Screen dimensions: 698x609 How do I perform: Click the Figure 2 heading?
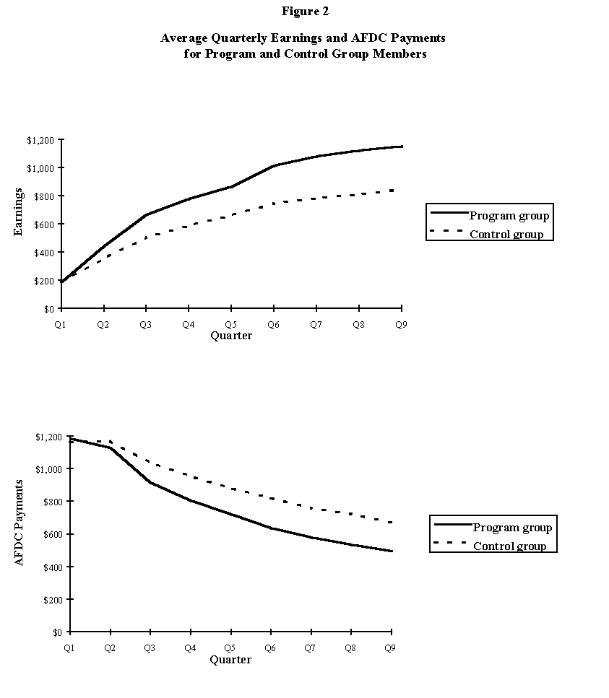coord(304,12)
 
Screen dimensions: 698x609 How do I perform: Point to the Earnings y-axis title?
coord(20,213)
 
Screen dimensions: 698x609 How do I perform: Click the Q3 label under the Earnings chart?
coord(146,325)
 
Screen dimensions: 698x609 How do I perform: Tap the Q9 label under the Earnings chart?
coord(401,325)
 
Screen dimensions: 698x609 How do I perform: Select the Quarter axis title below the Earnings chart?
coord(231,336)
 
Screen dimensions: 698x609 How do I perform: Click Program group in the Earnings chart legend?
coord(509,215)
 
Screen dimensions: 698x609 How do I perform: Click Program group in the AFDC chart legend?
coord(512,527)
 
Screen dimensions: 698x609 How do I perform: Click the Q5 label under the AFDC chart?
coord(230,648)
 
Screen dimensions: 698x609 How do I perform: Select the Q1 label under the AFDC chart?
coord(69,648)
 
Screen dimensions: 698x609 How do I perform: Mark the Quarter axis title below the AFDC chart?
coord(230,660)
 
